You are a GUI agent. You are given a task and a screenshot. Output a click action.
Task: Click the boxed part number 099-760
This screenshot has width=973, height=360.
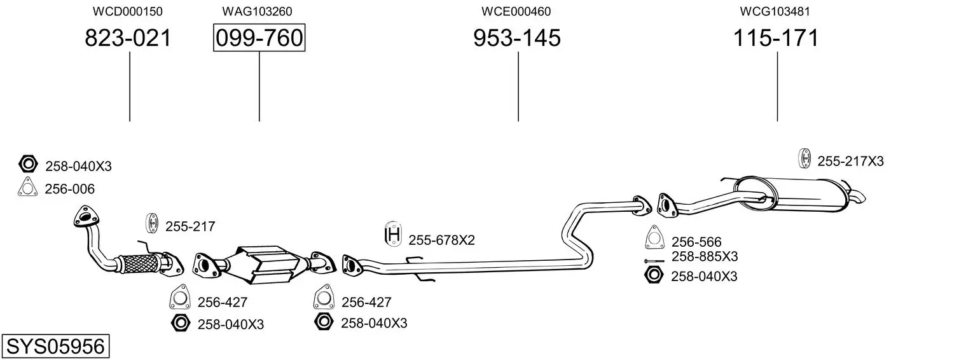pyautogui.click(x=259, y=38)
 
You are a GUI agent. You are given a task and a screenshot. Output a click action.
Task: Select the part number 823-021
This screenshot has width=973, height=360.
pyautogui.click(x=128, y=38)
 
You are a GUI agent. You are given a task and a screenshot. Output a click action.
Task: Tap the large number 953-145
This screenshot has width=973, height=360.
pyautogui.click(x=517, y=38)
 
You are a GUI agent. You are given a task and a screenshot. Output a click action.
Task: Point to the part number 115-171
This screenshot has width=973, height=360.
pyautogui.click(x=776, y=38)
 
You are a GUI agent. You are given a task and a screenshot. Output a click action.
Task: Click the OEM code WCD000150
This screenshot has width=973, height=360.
pyautogui.click(x=128, y=11)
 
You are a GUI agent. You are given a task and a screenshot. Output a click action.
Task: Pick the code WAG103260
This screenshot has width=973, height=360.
pyautogui.click(x=258, y=11)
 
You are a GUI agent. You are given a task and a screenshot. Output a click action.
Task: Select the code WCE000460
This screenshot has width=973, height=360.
pyautogui.click(x=516, y=11)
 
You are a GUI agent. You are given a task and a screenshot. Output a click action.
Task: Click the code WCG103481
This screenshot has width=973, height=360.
pyautogui.click(x=775, y=11)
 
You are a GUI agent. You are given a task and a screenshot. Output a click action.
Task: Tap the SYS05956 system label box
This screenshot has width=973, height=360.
pyautogui.click(x=55, y=347)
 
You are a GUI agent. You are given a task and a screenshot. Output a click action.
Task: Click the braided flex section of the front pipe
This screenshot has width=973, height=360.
pyautogui.click(x=137, y=261)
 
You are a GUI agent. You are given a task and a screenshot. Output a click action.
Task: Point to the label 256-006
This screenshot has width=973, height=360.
pyautogui.click(x=69, y=189)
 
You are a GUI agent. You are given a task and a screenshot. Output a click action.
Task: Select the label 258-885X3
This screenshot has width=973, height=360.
pyautogui.click(x=705, y=257)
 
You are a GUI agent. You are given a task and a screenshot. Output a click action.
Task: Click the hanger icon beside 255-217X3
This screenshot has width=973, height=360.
pyautogui.click(x=804, y=158)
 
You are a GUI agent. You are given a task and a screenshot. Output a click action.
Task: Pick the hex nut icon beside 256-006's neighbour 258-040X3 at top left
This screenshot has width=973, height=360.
pyautogui.click(x=27, y=165)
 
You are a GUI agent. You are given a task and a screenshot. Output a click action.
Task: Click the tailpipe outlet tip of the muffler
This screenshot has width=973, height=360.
pyautogui.click(x=859, y=197)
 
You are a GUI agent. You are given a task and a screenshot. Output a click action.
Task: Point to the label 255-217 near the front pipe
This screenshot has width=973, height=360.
pyautogui.click(x=190, y=226)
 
